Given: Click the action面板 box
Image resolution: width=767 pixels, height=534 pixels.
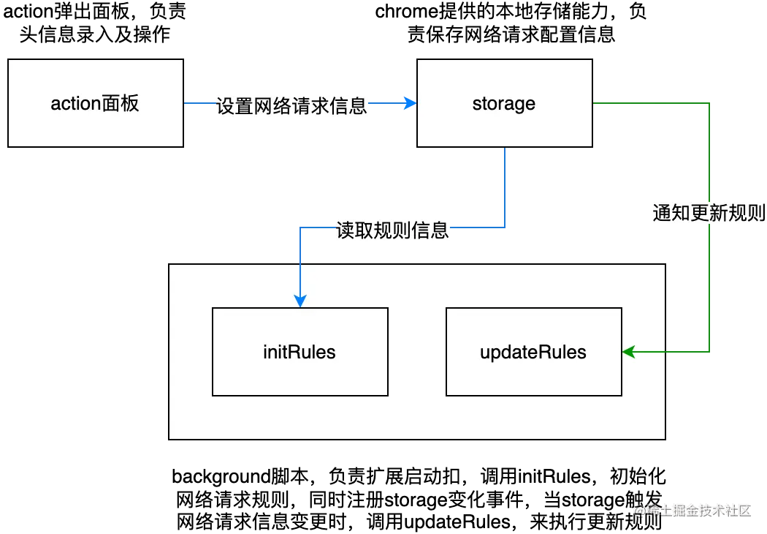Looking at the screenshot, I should [95, 103].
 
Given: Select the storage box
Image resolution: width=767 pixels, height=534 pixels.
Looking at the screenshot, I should [504, 103].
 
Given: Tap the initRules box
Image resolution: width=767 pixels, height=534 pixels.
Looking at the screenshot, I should [299, 352].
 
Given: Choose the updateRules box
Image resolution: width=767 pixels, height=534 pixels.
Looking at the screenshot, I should [533, 352].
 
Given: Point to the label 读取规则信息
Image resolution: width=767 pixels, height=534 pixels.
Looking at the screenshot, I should [392, 230].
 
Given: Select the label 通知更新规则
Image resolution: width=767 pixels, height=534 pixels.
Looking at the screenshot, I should [708, 213].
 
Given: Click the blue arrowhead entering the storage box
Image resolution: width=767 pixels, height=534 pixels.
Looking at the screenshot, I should [411, 104].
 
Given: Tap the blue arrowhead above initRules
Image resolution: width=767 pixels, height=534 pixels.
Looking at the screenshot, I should [300, 300].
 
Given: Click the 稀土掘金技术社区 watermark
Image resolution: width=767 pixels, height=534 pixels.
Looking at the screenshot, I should [691, 509].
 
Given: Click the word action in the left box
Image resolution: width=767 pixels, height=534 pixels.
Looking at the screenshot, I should [75, 104].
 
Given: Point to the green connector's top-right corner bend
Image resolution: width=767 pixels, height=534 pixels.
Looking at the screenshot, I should [710, 104].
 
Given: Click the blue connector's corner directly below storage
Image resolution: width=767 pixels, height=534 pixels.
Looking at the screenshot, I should [505, 225].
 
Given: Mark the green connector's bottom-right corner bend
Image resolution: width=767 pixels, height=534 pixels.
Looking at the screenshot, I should [710, 353].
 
